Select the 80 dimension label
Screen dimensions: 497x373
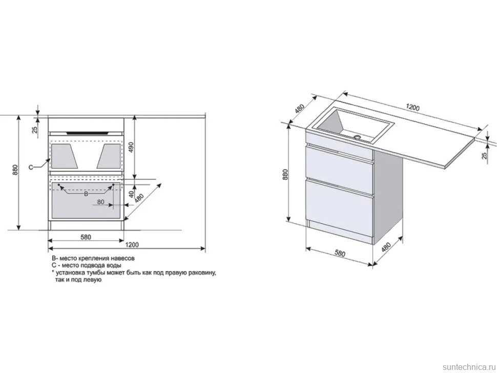coord(100,201)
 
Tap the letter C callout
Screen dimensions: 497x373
coord(31,168)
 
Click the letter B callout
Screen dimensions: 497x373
coord(86,194)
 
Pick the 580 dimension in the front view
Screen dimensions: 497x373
coord(86,237)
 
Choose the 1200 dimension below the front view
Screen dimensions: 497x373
coord(132,244)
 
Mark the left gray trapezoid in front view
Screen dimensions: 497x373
coord(65,156)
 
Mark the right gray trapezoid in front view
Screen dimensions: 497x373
coord(109,156)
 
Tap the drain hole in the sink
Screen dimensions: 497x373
coord(357,137)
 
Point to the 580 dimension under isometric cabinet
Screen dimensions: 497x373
coord(340,254)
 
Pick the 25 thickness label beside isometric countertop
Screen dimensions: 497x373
coord(484,155)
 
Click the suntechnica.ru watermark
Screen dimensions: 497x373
coord(469,367)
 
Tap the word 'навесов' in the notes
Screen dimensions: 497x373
coord(124,258)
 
